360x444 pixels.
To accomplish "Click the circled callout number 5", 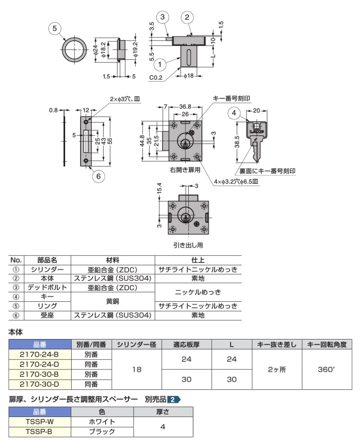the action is coord(54,28).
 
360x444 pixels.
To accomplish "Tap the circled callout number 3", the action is coord(162,17).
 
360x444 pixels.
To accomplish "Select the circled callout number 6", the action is coord(98,176).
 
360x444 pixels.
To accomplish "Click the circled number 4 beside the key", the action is coord(234,113).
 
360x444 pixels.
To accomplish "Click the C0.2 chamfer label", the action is coord(156,77).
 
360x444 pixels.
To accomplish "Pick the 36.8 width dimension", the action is coord(185,107).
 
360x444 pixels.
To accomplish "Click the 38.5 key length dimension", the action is coord(237,141).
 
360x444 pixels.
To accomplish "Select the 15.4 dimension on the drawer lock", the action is coord(159,189).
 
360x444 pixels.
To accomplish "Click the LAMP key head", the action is coord(257,130).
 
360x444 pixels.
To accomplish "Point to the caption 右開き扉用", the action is coord(185,170).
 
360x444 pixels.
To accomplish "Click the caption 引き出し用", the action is coord(188,245).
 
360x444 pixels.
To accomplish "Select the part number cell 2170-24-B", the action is coord(40,354).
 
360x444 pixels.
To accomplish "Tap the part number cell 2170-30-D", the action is coord(40,384).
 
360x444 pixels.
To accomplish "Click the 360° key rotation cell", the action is coord(327,369).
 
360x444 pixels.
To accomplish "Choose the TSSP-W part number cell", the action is coord(40,421).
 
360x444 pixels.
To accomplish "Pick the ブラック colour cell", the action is coord(102,432).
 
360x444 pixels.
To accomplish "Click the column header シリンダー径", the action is coord(137,344).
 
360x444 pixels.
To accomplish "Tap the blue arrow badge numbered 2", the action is coord(174,400).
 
